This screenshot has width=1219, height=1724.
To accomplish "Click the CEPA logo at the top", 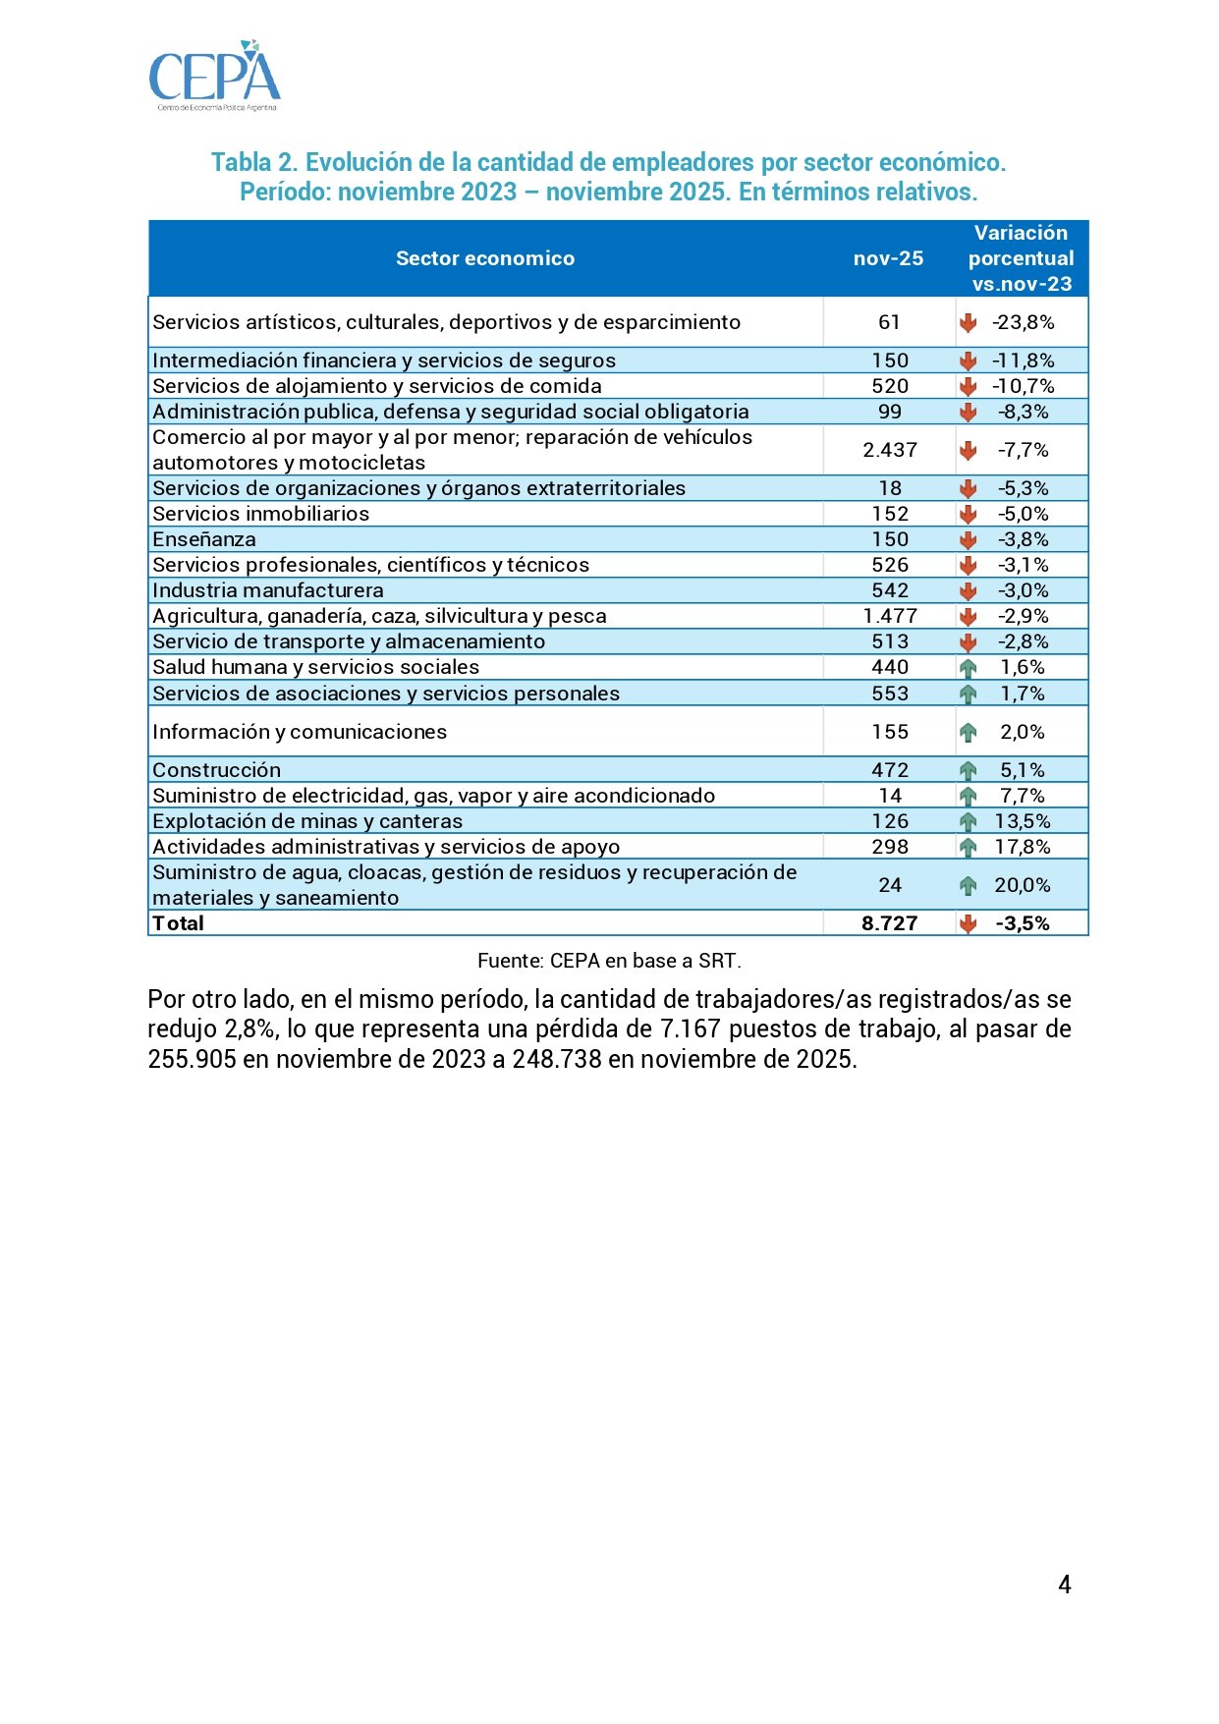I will [214, 76].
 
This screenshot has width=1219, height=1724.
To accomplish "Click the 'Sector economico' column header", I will [485, 258].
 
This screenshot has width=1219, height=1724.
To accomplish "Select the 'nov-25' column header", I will [888, 258].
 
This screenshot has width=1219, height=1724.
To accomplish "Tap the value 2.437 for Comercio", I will [890, 450].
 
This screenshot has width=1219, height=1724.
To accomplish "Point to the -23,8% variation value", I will [1024, 322].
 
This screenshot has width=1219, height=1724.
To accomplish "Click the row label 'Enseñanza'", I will [204, 539].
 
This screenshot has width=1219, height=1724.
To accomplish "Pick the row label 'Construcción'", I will [216, 770].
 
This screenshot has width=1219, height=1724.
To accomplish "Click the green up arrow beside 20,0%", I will [969, 886].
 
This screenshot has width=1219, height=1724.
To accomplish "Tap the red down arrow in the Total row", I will [969, 923].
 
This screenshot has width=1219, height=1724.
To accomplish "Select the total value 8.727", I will [890, 923].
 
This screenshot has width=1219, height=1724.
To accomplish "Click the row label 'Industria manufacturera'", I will [268, 590].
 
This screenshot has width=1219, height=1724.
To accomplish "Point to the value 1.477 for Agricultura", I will [890, 616].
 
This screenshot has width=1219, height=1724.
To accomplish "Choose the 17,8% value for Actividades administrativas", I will [1023, 847].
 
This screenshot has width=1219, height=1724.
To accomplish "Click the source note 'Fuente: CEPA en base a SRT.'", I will [609, 961].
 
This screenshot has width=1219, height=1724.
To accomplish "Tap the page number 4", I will [1065, 1585].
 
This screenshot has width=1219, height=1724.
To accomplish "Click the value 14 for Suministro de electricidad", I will [890, 796].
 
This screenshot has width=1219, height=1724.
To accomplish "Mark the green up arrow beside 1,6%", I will [969, 668].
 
